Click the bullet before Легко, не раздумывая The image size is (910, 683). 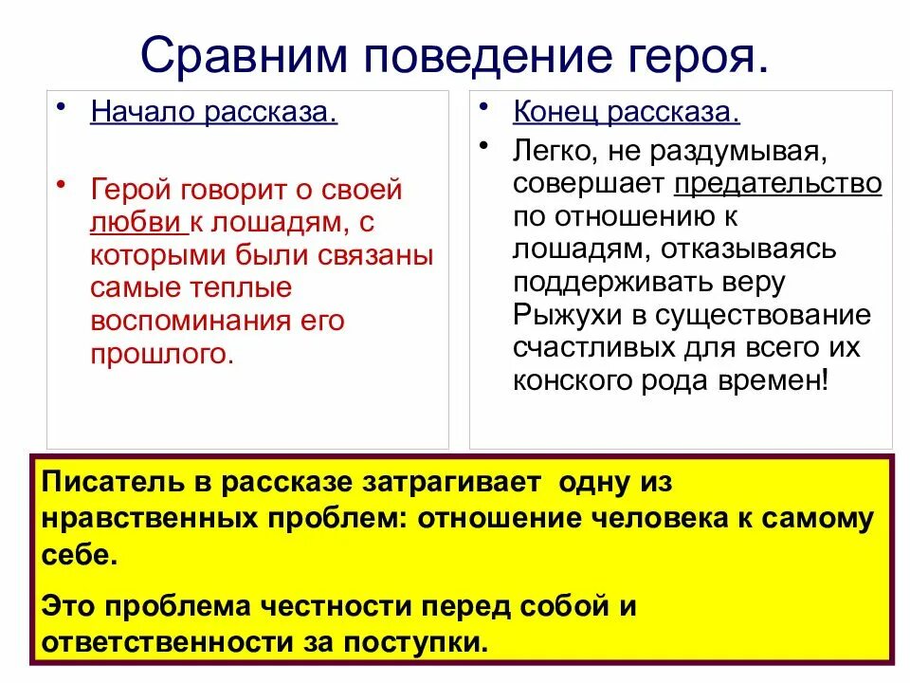pyautogui.click(x=483, y=144)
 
